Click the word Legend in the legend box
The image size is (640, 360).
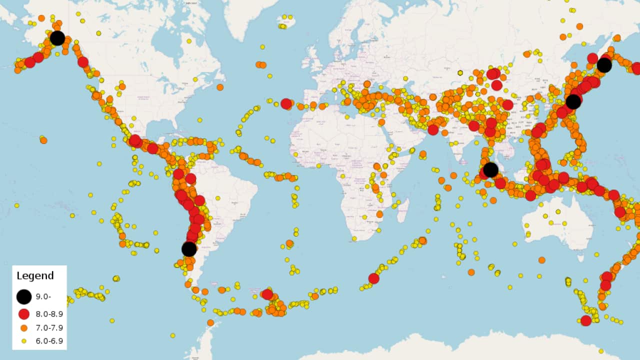[35, 275]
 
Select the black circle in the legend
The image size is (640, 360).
[23, 296]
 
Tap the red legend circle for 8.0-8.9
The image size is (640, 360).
[23, 314]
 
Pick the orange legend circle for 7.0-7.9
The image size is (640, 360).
[23, 328]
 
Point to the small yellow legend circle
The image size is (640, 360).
[23, 341]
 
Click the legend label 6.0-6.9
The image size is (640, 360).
[49, 341]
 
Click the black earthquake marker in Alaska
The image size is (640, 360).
[57, 37]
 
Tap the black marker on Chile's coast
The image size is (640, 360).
[189, 248]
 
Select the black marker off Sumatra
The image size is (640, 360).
[490, 170]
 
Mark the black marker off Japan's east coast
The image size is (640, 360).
[573, 102]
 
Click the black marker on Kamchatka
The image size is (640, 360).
[604, 65]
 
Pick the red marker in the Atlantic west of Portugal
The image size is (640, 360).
[286, 103]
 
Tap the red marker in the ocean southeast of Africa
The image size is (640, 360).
[373, 278]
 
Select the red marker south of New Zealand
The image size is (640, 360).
[586, 320]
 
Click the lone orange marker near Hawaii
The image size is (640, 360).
[43, 140]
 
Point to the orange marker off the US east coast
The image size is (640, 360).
[220, 87]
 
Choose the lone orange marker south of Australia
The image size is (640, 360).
[541, 260]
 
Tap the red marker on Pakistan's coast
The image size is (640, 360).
[433, 130]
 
